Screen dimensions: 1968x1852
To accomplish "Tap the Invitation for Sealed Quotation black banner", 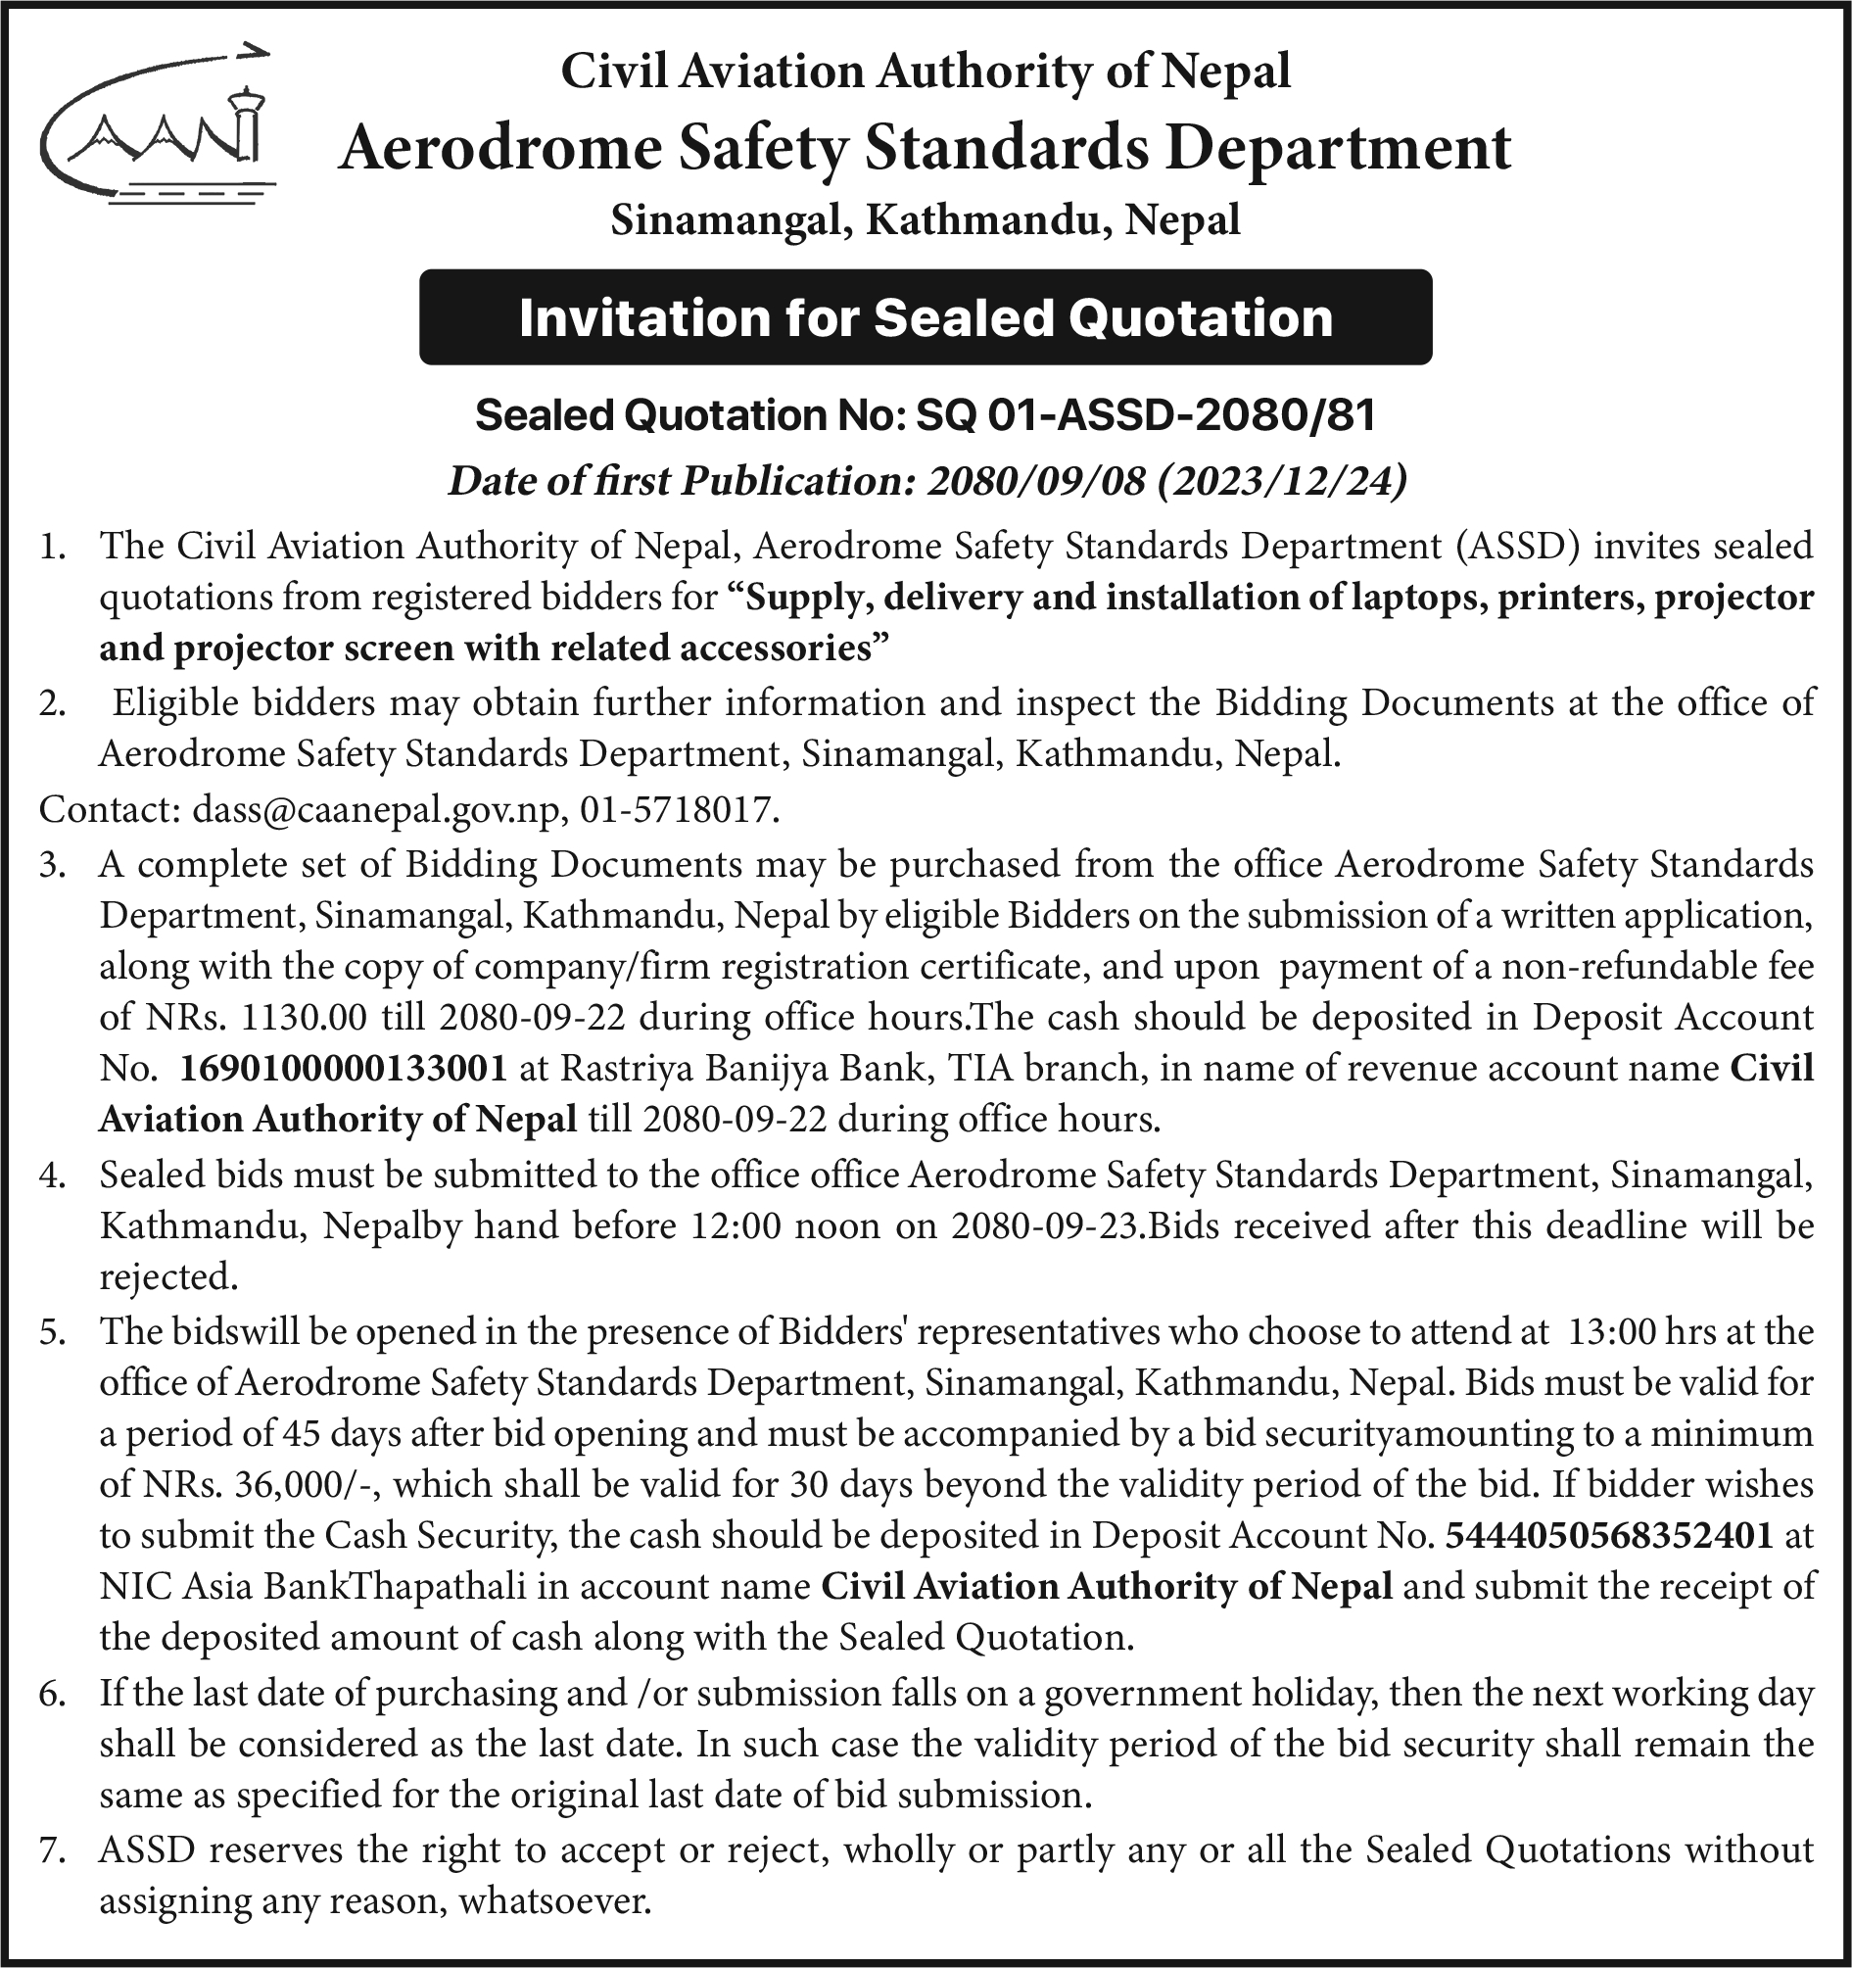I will coord(926,317).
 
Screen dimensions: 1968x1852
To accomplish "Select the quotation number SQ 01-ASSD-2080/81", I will coord(1146,415).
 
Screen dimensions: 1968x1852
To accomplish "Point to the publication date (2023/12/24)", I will coord(1280,481).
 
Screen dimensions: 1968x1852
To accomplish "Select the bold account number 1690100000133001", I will coord(344,1068).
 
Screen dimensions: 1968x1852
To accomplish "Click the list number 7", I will coord(52,1850).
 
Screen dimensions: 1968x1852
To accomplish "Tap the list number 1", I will coord(52,547).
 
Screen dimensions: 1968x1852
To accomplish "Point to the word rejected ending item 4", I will coord(168,1277).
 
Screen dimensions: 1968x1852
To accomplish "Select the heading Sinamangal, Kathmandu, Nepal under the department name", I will coord(926,219).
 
